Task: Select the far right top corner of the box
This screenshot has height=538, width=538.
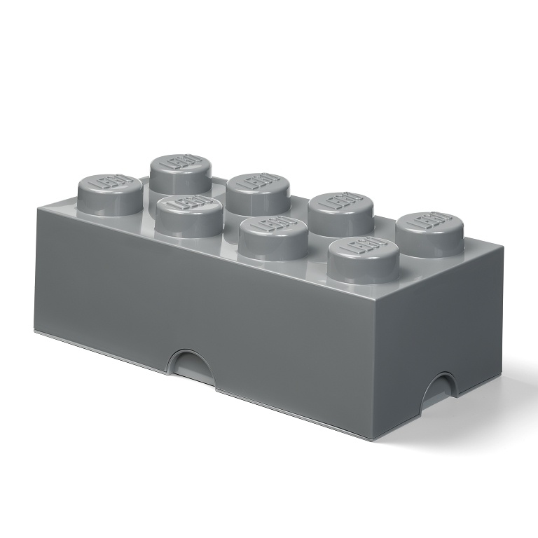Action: tap(503, 242)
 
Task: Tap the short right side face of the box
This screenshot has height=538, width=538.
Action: tap(434, 329)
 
